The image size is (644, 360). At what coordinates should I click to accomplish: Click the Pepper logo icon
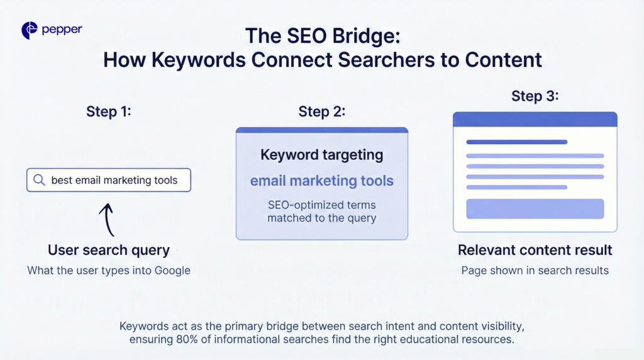click(30, 30)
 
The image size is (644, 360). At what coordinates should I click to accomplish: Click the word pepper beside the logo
click(62, 30)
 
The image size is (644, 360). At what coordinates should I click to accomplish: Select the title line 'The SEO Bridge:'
click(323, 35)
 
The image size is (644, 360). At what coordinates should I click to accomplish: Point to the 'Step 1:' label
click(109, 111)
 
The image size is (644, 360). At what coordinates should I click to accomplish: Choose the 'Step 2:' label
click(322, 111)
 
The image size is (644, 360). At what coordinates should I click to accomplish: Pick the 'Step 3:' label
click(535, 96)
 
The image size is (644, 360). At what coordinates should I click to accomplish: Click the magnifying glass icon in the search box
click(39, 180)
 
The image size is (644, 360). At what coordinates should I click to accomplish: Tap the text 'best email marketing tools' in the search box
click(114, 180)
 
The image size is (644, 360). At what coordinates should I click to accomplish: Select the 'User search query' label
click(109, 250)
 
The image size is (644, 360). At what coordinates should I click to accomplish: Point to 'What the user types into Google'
click(109, 271)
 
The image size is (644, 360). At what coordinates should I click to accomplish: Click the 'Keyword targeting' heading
click(322, 155)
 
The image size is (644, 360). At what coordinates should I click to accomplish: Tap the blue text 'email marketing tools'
click(322, 181)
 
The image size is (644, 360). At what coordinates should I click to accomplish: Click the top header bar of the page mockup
click(535, 119)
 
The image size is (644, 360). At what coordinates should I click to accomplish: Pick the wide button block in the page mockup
click(535, 208)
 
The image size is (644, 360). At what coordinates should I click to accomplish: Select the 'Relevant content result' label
click(535, 250)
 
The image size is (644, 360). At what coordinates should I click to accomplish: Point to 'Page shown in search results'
click(535, 271)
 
